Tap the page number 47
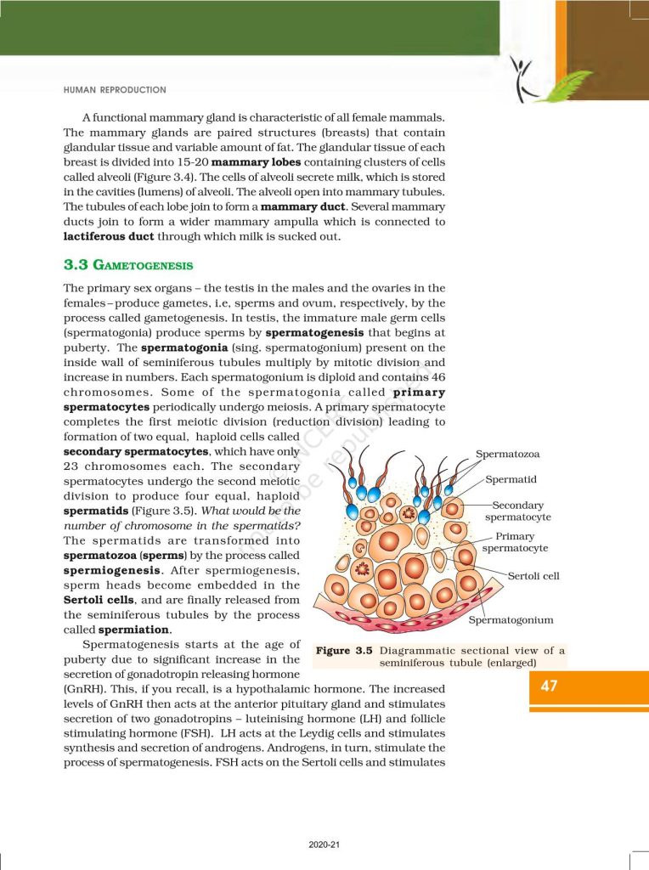pyautogui.click(x=549, y=686)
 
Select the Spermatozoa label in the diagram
pyautogui.click(x=507, y=455)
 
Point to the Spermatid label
pyautogui.click(x=511, y=480)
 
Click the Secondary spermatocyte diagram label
pyautogui.click(x=518, y=511)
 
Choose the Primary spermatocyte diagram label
pyautogui.click(x=515, y=542)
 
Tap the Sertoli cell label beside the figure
pyautogui.click(x=533, y=576)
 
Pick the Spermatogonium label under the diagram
pyautogui.click(x=511, y=620)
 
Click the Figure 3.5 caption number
pyautogui.click(x=345, y=651)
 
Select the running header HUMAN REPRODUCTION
pyautogui.click(x=115, y=89)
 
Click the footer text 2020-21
pyautogui.click(x=324, y=845)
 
